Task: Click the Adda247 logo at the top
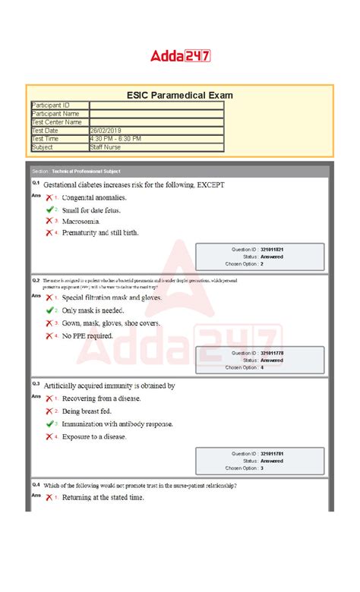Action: coord(180,55)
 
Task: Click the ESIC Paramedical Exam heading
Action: coord(179,95)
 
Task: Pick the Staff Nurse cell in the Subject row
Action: coord(106,147)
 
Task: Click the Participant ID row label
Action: coord(51,105)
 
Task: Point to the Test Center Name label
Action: coord(57,122)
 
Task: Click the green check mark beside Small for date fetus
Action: coord(49,209)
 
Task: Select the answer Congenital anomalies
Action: coord(95,198)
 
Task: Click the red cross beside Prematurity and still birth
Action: coord(49,232)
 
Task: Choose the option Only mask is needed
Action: coord(93,310)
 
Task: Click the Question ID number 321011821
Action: coord(272,249)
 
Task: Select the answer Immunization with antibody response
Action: coord(117,424)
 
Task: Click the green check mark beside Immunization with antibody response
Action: coord(49,424)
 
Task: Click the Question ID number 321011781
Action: coord(272,454)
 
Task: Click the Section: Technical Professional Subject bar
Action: coord(179,171)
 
